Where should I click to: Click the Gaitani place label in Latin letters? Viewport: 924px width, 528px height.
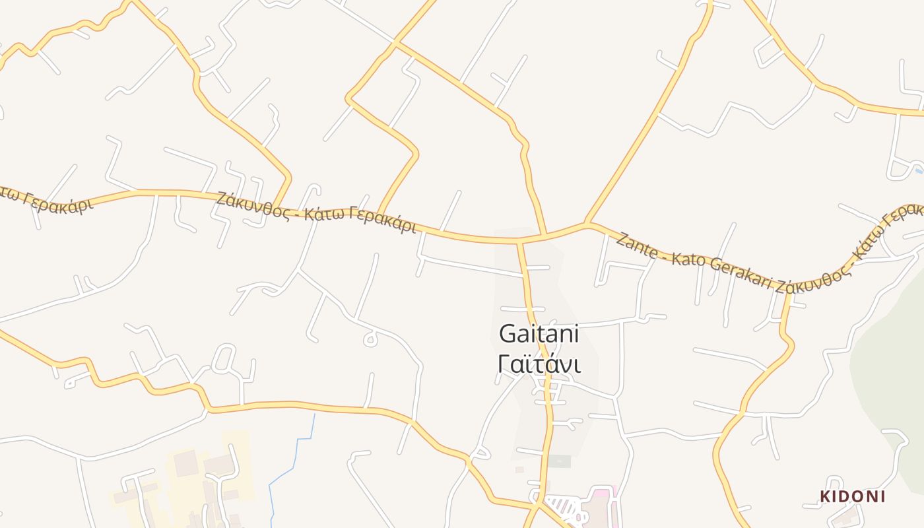[539, 334]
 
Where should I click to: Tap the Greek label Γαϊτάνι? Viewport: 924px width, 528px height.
[539, 364]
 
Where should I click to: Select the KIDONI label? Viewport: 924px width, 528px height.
[852, 496]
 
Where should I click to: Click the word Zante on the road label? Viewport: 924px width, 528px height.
[638, 246]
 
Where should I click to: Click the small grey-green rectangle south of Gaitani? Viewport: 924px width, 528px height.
[558, 461]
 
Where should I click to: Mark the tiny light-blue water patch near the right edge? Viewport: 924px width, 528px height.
[919, 170]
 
